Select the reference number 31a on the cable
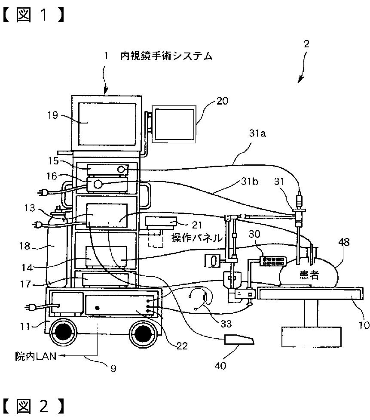tap(257, 134)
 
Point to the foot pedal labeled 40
tap(239, 341)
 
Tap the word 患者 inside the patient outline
tap(309, 275)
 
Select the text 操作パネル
tap(197, 238)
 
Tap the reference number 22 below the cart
tap(182, 346)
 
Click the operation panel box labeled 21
tap(161, 223)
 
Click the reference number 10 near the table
tap(364, 325)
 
